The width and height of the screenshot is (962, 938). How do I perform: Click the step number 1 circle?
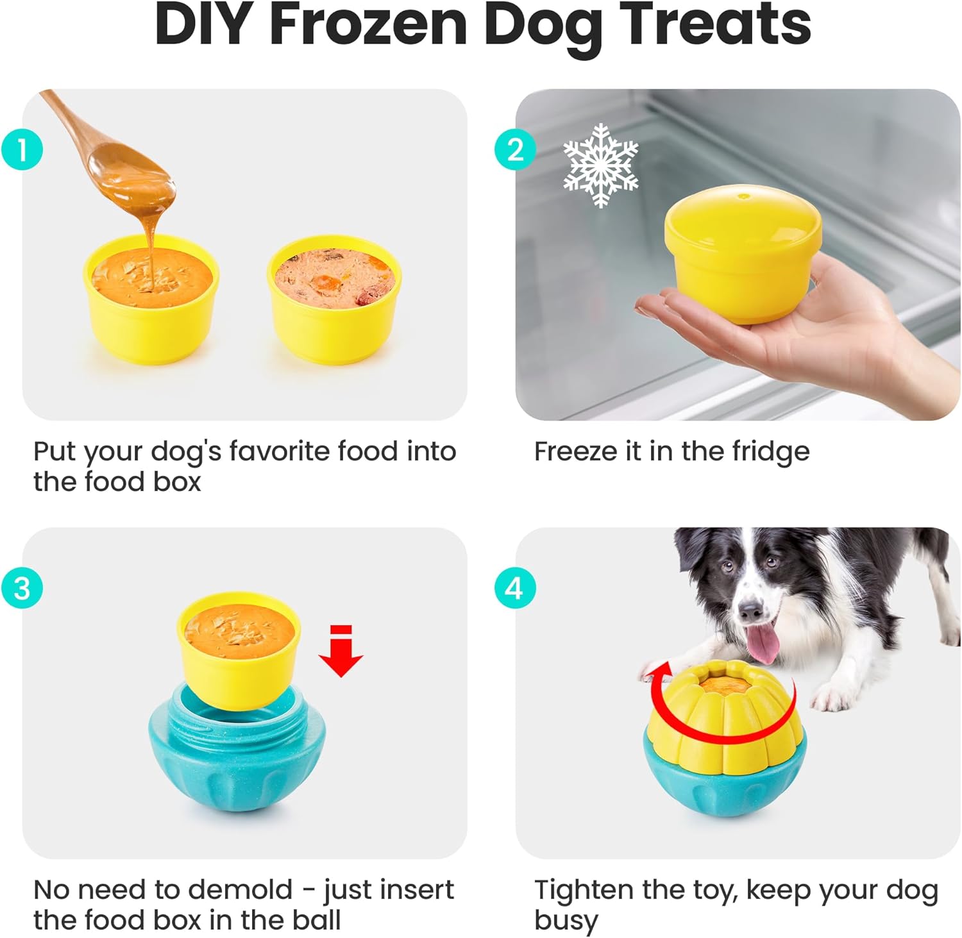click(x=22, y=150)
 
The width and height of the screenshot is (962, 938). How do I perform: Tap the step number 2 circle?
click(x=515, y=150)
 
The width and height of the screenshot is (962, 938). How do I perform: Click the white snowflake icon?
click(x=600, y=165)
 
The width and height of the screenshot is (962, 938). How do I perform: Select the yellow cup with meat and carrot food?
click(x=333, y=300)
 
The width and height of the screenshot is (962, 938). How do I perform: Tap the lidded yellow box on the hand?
click(x=743, y=253)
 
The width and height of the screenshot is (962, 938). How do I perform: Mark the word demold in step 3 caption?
click(x=240, y=890)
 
